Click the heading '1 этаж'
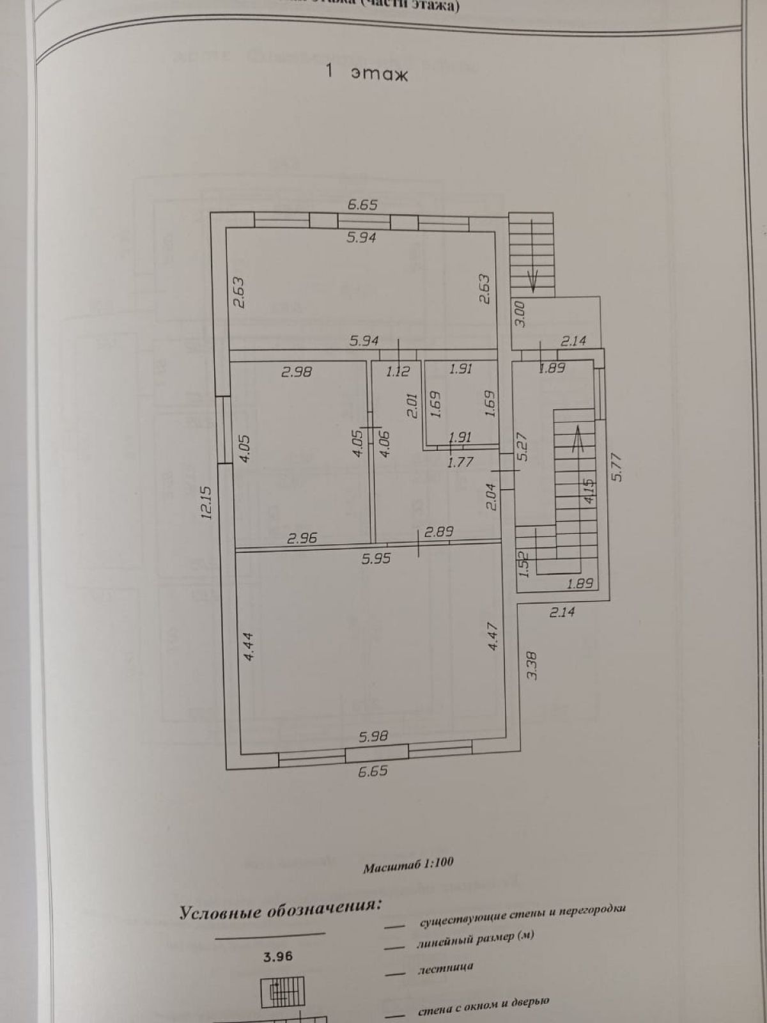coord(366,72)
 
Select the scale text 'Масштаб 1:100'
coord(408,864)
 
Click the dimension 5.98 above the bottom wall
coord(373,736)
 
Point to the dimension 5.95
coord(376,558)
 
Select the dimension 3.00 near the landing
coord(520,315)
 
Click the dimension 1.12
coord(397,370)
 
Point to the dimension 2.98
coord(297,370)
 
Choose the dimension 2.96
coord(302,538)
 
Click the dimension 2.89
coord(439,532)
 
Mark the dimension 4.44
coord(250,646)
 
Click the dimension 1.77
coord(460,461)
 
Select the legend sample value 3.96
coord(278,957)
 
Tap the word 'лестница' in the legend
coord(445,967)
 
